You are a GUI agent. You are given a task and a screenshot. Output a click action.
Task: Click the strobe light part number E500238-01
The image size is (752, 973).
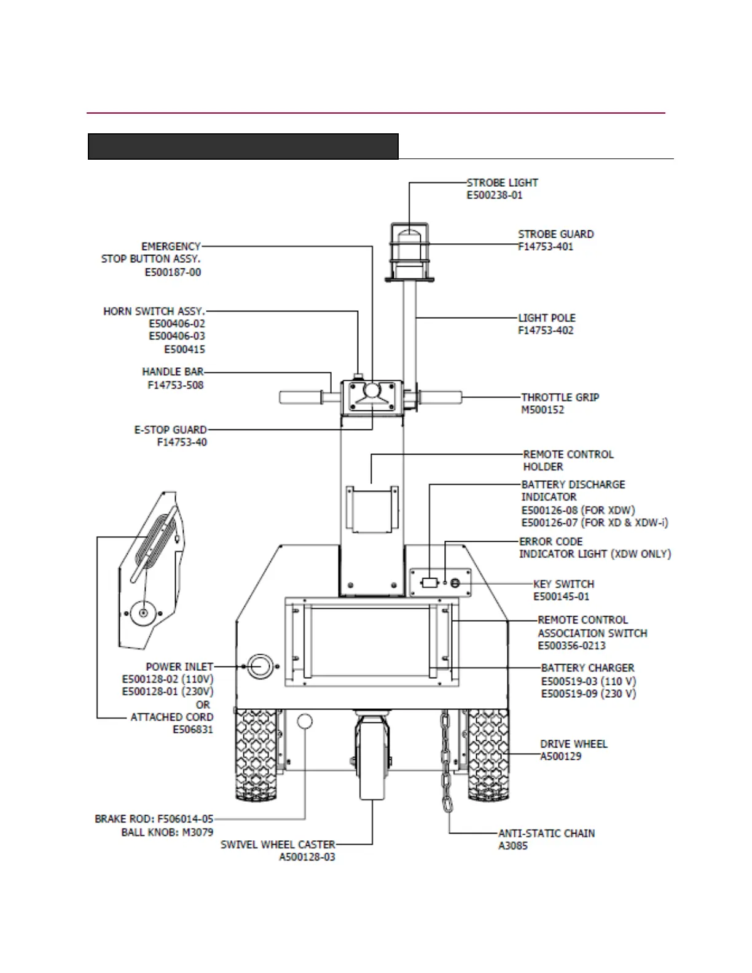point(495,195)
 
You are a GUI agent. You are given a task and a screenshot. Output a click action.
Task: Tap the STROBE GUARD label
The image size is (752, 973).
point(555,234)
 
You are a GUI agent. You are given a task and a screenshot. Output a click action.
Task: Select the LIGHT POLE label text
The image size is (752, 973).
point(547,318)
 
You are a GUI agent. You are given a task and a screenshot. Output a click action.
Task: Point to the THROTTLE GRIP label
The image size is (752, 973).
point(560,397)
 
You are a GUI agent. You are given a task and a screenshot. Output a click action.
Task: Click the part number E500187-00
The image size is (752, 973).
point(173,272)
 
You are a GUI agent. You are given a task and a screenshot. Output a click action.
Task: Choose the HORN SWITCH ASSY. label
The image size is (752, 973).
point(154,311)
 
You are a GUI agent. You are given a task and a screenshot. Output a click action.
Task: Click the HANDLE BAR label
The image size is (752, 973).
point(173,372)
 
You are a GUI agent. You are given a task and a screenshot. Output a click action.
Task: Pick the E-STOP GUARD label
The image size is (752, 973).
point(170,429)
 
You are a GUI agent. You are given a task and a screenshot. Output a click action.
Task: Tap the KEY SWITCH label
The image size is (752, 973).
point(563,584)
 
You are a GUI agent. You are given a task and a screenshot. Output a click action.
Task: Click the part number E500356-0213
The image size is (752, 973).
point(571,646)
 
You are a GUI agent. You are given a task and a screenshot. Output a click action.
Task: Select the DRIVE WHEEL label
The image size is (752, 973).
point(574,744)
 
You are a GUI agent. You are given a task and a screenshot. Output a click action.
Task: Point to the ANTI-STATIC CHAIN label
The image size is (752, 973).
point(546,834)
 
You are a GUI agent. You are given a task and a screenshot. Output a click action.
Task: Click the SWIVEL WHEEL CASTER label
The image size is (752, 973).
point(278,845)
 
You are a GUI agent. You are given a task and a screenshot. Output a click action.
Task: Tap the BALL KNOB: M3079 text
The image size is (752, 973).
point(167,832)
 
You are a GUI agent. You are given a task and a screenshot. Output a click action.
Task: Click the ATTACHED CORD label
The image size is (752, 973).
point(171,717)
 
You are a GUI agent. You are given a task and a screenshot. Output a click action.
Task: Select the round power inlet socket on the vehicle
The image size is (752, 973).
point(260,666)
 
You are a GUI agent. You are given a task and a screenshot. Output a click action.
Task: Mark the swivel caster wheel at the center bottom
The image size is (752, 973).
point(372,762)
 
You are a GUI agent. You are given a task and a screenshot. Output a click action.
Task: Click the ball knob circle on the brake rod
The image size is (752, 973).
point(305,721)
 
